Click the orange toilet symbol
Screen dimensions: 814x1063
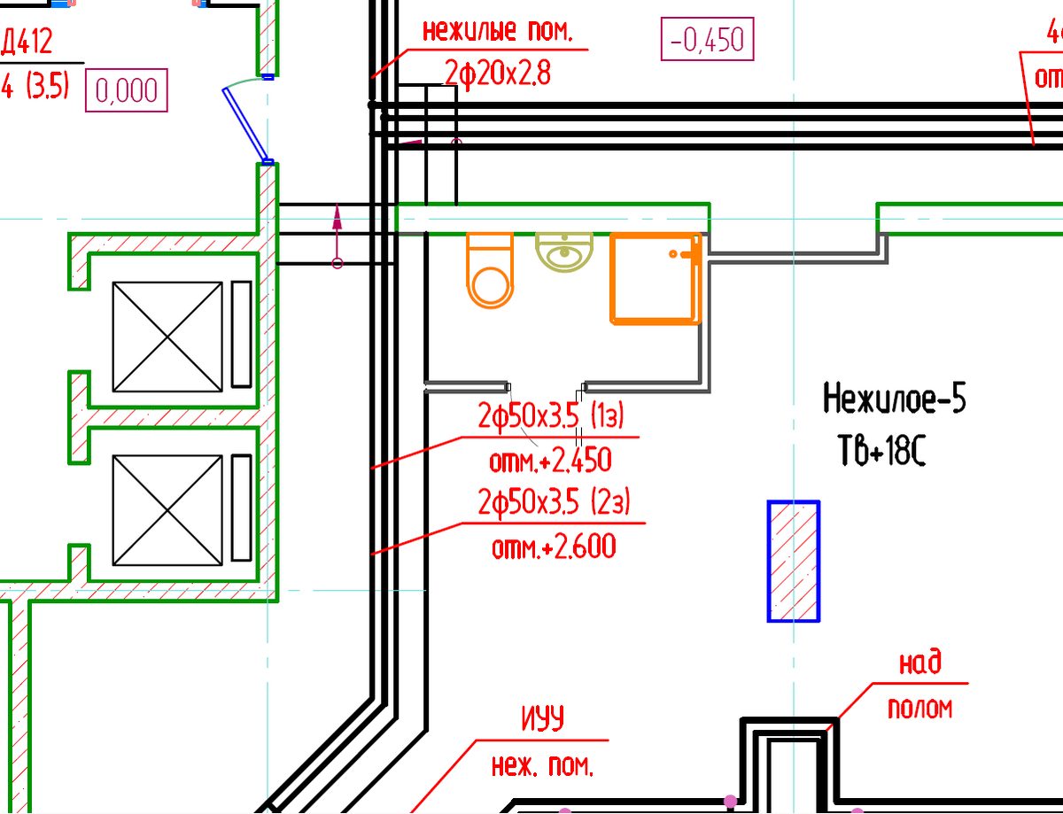tap(490, 269)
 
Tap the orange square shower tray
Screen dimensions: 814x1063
tap(656, 277)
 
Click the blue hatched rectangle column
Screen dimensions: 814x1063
tap(793, 561)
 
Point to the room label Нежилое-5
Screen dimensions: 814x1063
tap(895, 399)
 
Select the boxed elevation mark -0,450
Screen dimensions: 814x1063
tap(708, 40)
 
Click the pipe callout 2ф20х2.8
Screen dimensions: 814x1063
tap(498, 74)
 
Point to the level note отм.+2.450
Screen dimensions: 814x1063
tap(551, 461)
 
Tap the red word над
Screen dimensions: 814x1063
tap(919, 663)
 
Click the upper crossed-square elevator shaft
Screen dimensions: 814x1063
tap(167, 337)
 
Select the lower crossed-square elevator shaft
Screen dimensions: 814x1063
tap(167, 509)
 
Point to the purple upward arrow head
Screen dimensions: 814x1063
tap(338, 213)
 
